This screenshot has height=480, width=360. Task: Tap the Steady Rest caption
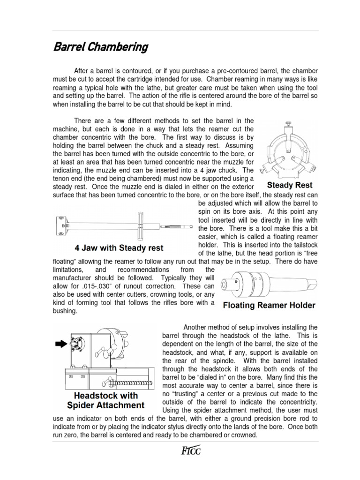pos(289,185)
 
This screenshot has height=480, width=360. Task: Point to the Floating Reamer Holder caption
pos(269,306)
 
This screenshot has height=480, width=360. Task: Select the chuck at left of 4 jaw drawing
pos(61,225)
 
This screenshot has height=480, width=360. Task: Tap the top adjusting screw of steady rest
pos(289,124)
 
